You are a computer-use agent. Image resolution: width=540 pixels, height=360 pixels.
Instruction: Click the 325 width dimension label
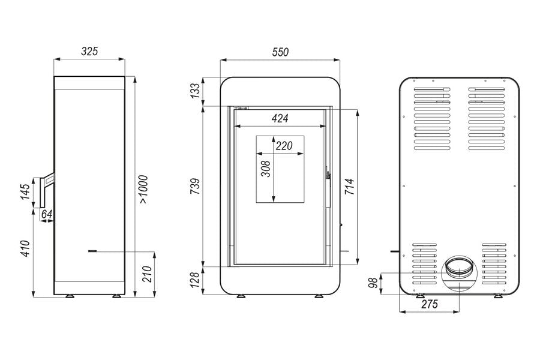[x=89, y=52]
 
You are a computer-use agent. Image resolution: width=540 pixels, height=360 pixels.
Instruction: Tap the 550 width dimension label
[x=280, y=52]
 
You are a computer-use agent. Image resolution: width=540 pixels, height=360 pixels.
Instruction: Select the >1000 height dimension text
[x=143, y=190]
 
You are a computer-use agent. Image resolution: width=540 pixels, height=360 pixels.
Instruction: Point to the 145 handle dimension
[x=25, y=192]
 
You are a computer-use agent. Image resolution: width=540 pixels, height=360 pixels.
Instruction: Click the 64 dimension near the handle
[x=46, y=214]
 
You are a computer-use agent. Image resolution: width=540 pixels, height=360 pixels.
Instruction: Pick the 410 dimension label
[x=26, y=249]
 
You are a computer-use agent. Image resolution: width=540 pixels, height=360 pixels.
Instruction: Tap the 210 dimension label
[x=147, y=274]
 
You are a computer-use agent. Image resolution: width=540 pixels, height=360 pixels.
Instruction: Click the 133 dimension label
[x=195, y=91]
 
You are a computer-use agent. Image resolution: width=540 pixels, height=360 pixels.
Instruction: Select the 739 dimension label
[x=195, y=187]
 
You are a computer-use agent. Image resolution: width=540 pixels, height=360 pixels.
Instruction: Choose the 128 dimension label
[x=195, y=280]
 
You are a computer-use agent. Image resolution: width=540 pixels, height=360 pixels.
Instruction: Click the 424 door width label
[x=280, y=119]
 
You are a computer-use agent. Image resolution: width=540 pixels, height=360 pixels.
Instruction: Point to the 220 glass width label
[x=284, y=146]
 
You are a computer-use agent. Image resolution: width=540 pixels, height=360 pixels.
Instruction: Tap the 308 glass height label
[x=266, y=169]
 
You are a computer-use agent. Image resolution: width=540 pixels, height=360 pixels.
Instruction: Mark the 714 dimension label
[x=349, y=187]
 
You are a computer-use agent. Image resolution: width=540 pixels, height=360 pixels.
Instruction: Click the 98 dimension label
[x=373, y=283]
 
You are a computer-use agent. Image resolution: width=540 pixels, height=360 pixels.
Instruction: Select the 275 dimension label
[x=430, y=304]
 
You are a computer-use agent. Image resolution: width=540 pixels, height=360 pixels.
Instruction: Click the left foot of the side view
[x=69, y=296]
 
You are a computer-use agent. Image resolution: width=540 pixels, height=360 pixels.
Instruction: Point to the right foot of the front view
[x=317, y=296]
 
